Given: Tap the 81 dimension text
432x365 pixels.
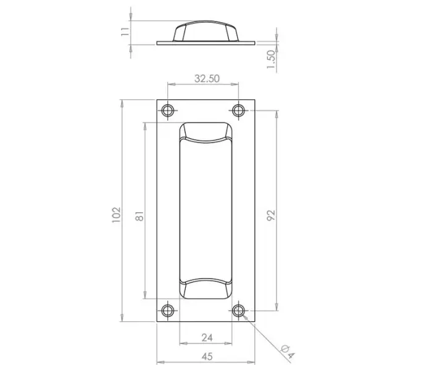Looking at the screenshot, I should pyautogui.click(x=139, y=216).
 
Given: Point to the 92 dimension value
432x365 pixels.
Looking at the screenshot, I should pyautogui.click(x=272, y=215).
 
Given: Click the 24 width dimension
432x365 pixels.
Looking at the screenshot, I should pyautogui.click(x=207, y=338).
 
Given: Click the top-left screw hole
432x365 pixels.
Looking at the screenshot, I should pyautogui.click(x=167, y=110).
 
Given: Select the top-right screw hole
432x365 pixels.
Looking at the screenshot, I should pyautogui.click(x=238, y=110).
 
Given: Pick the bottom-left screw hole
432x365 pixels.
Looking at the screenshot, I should pyautogui.click(x=167, y=310).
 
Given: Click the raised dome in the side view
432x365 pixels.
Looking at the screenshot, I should pyautogui.click(x=206, y=31).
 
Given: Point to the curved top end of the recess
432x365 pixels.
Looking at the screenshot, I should pyautogui.click(x=206, y=133).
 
